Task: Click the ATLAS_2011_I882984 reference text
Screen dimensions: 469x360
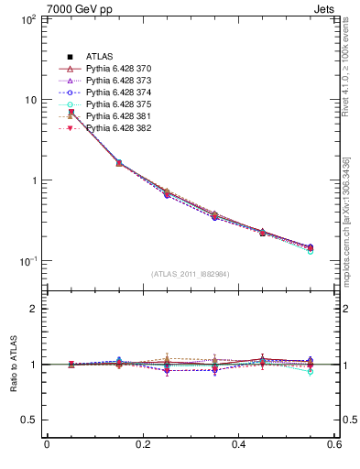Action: pos(190,274)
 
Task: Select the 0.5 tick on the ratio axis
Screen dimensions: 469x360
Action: pos(29,420)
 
